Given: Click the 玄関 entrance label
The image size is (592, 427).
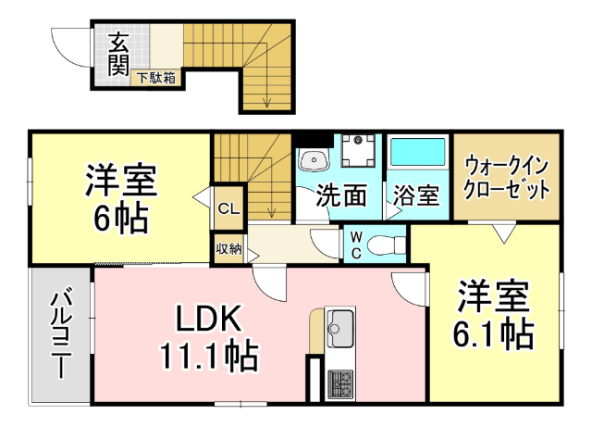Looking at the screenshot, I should (117, 53).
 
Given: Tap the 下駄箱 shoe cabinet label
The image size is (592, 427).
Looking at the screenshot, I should (157, 78).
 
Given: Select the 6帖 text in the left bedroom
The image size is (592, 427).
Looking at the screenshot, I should (120, 219).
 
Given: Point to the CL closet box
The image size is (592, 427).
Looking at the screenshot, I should (228, 208).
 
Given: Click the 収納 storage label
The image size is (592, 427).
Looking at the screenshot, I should (228, 248).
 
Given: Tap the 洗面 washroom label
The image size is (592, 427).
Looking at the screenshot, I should (341, 195).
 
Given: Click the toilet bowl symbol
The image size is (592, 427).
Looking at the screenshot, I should (385, 245).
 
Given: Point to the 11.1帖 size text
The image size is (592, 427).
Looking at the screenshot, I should (208, 354).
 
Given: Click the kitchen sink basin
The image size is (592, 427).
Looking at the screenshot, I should (339, 327).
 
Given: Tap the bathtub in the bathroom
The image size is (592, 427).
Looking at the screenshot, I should (417, 152).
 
